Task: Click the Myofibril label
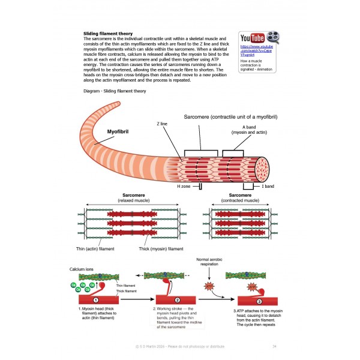tap(119, 130)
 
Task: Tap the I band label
tap(267, 187)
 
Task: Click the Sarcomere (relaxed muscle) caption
tap(133, 197)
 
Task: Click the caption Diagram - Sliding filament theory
tap(116, 91)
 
